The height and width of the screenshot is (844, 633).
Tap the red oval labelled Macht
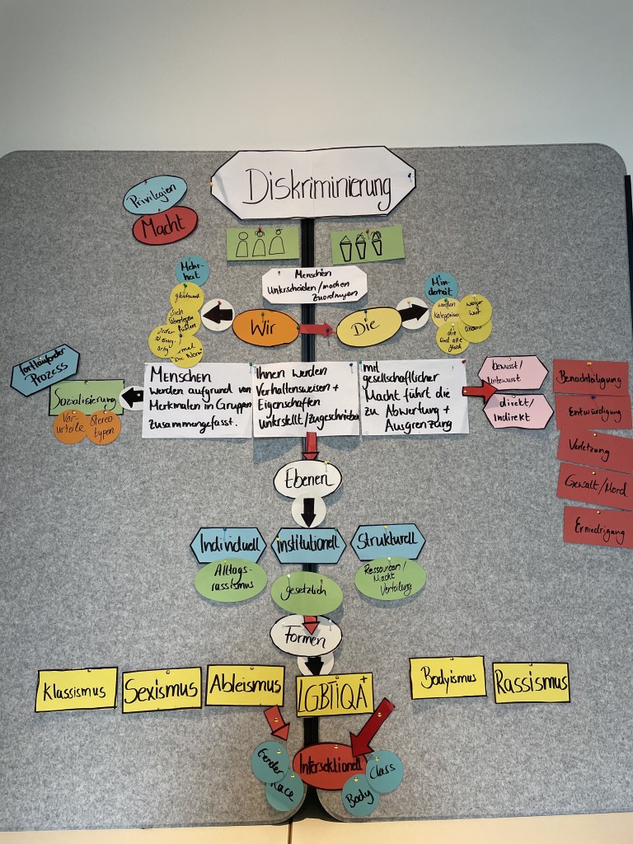pos(165,225)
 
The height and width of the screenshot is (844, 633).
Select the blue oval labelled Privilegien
pos(155,195)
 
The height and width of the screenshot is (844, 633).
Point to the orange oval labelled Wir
pos(265,328)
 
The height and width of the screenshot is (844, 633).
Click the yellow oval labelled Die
pos(368,326)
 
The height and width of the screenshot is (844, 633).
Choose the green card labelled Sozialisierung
pos(86,396)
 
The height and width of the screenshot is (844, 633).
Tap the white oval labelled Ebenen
pos(307,479)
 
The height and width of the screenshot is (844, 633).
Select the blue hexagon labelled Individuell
pos(227,545)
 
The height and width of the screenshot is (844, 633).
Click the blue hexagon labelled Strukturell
pos(387,542)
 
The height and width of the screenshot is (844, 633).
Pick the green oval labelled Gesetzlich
pos(307,593)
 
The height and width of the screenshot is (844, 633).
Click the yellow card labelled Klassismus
pos(77,689)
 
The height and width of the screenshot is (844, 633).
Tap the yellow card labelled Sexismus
pos(162,689)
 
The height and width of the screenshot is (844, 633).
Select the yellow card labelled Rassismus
pos(531,682)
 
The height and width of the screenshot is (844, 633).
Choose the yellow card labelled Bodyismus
pos(448,678)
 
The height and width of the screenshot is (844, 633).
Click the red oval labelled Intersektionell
pos(328,766)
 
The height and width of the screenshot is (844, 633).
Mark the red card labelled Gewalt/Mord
pos(594,485)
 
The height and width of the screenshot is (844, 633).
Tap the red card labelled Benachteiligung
pos(590,377)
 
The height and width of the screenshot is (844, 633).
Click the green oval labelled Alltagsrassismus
pos(231,580)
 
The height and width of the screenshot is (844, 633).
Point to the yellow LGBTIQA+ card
pos(335,694)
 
